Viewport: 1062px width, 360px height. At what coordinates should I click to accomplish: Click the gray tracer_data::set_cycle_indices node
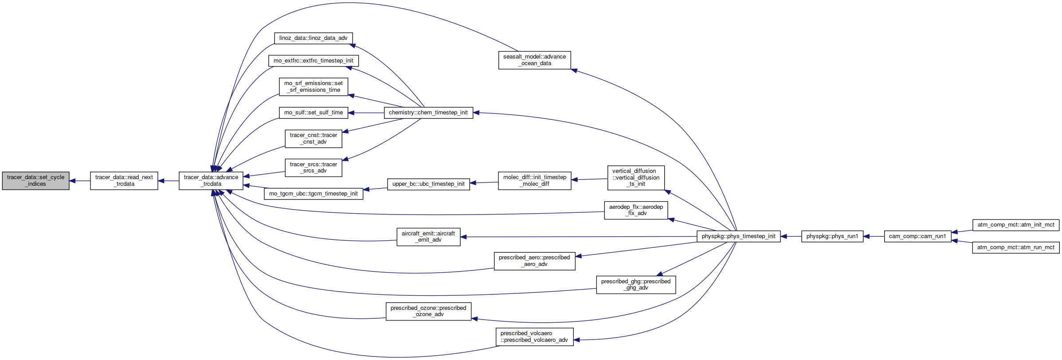point(35,181)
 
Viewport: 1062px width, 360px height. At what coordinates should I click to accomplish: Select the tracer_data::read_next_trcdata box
point(124,181)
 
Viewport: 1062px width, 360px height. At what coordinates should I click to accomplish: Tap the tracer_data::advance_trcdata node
point(211,181)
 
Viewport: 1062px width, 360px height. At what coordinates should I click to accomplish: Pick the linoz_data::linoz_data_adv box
point(314,38)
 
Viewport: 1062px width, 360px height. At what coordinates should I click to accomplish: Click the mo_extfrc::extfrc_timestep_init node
point(314,61)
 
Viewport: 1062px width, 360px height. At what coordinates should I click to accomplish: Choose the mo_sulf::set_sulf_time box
point(314,113)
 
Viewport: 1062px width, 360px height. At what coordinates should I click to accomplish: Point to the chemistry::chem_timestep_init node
point(428,113)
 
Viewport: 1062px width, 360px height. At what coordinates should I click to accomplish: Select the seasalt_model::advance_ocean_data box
point(534,60)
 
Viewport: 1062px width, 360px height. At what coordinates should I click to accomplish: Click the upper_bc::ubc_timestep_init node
point(428,184)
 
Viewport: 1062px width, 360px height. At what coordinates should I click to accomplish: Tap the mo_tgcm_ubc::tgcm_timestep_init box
point(314,194)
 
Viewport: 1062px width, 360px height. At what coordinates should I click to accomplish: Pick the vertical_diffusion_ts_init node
point(636,178)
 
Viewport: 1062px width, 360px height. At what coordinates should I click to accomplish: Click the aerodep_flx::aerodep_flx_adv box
point(636,210)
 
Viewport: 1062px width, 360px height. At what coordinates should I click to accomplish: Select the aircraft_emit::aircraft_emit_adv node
point(428,237)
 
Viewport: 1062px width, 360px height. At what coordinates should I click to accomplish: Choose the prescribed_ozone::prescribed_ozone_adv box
point(428,311)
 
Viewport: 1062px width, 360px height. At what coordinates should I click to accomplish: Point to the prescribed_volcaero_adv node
point(534,337)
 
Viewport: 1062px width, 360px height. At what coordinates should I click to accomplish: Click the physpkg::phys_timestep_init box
point(738,236)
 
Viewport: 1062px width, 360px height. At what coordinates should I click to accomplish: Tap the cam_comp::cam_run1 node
point(917,236)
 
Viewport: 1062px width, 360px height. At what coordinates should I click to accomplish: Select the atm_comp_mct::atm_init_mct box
point(1016,225)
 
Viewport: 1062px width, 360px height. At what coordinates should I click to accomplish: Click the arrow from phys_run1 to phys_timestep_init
point(791,236)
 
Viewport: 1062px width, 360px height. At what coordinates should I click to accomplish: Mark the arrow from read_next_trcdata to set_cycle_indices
point(80,181)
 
